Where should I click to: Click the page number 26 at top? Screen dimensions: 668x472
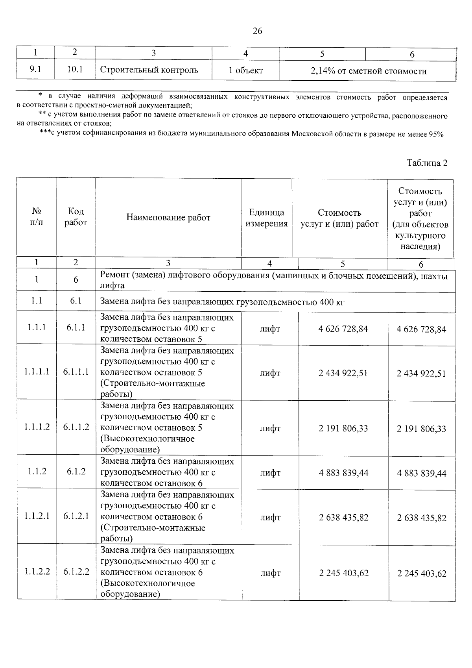257,31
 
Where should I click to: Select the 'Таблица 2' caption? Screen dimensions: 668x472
427,163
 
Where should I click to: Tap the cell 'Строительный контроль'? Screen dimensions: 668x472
149,70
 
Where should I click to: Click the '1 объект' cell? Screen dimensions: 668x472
245,71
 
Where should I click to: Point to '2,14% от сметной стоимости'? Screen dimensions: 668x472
368,71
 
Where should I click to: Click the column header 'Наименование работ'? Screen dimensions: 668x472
168,217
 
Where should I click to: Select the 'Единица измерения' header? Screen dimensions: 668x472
266,218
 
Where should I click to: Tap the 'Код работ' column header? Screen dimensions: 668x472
76,217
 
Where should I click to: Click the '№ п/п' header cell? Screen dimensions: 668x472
36,217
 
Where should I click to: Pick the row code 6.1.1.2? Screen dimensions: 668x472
76,427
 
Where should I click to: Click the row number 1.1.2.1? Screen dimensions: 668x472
37,516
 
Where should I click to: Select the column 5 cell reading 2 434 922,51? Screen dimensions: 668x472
343,373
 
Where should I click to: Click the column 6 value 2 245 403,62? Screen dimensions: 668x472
422,574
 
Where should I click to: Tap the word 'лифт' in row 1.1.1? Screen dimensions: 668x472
270,329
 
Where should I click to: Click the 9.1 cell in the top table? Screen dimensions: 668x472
35,70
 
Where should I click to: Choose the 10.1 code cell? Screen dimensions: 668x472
75,70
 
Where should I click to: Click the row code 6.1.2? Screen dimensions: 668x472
76,471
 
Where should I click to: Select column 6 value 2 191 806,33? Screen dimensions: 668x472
421,429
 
